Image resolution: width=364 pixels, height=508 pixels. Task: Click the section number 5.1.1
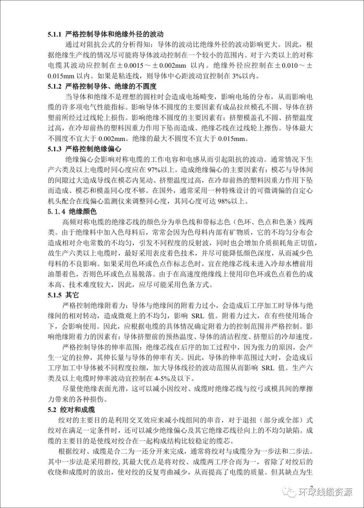[x=55, y=34]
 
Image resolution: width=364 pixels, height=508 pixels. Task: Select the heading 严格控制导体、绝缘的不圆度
[x=111, y=86]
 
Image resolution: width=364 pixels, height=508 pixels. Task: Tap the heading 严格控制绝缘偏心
[x=93, y=149]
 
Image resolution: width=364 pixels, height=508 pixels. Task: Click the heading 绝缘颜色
[x=83, y=211]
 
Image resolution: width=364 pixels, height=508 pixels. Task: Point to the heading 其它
[x=72, y=295]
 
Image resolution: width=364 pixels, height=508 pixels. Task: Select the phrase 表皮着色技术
[x=176, y=253]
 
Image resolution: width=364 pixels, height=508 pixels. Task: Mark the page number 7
[x=311, y=488]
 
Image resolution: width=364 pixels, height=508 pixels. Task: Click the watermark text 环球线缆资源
[x=325, y=492]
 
